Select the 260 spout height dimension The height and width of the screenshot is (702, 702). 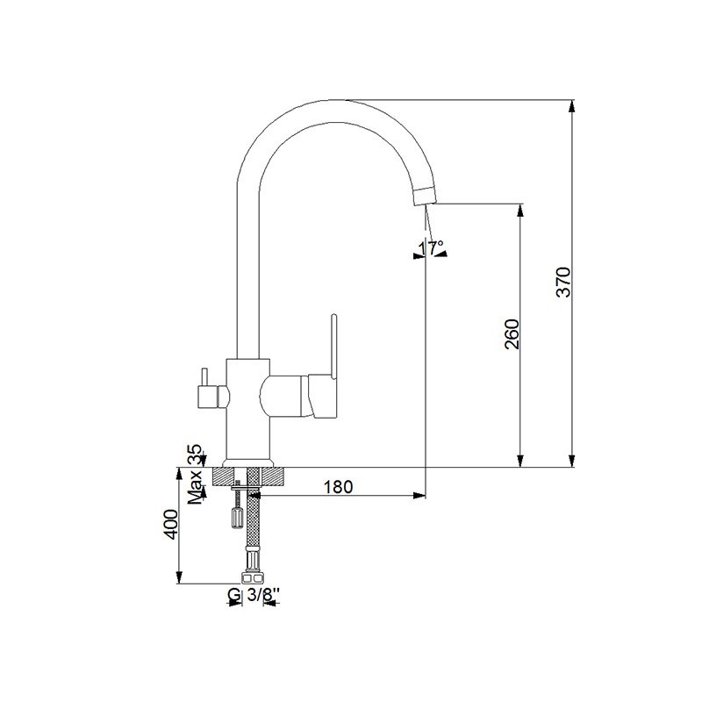pyautogui.click(x=513, y=334)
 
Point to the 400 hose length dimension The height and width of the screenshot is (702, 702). pyautogui.click(x=172, y=524)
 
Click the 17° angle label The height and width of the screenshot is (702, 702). pyautogui.click(x=430, y=248)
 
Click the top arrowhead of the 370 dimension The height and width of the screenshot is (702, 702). pyautogui.click(x=572, y=106)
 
